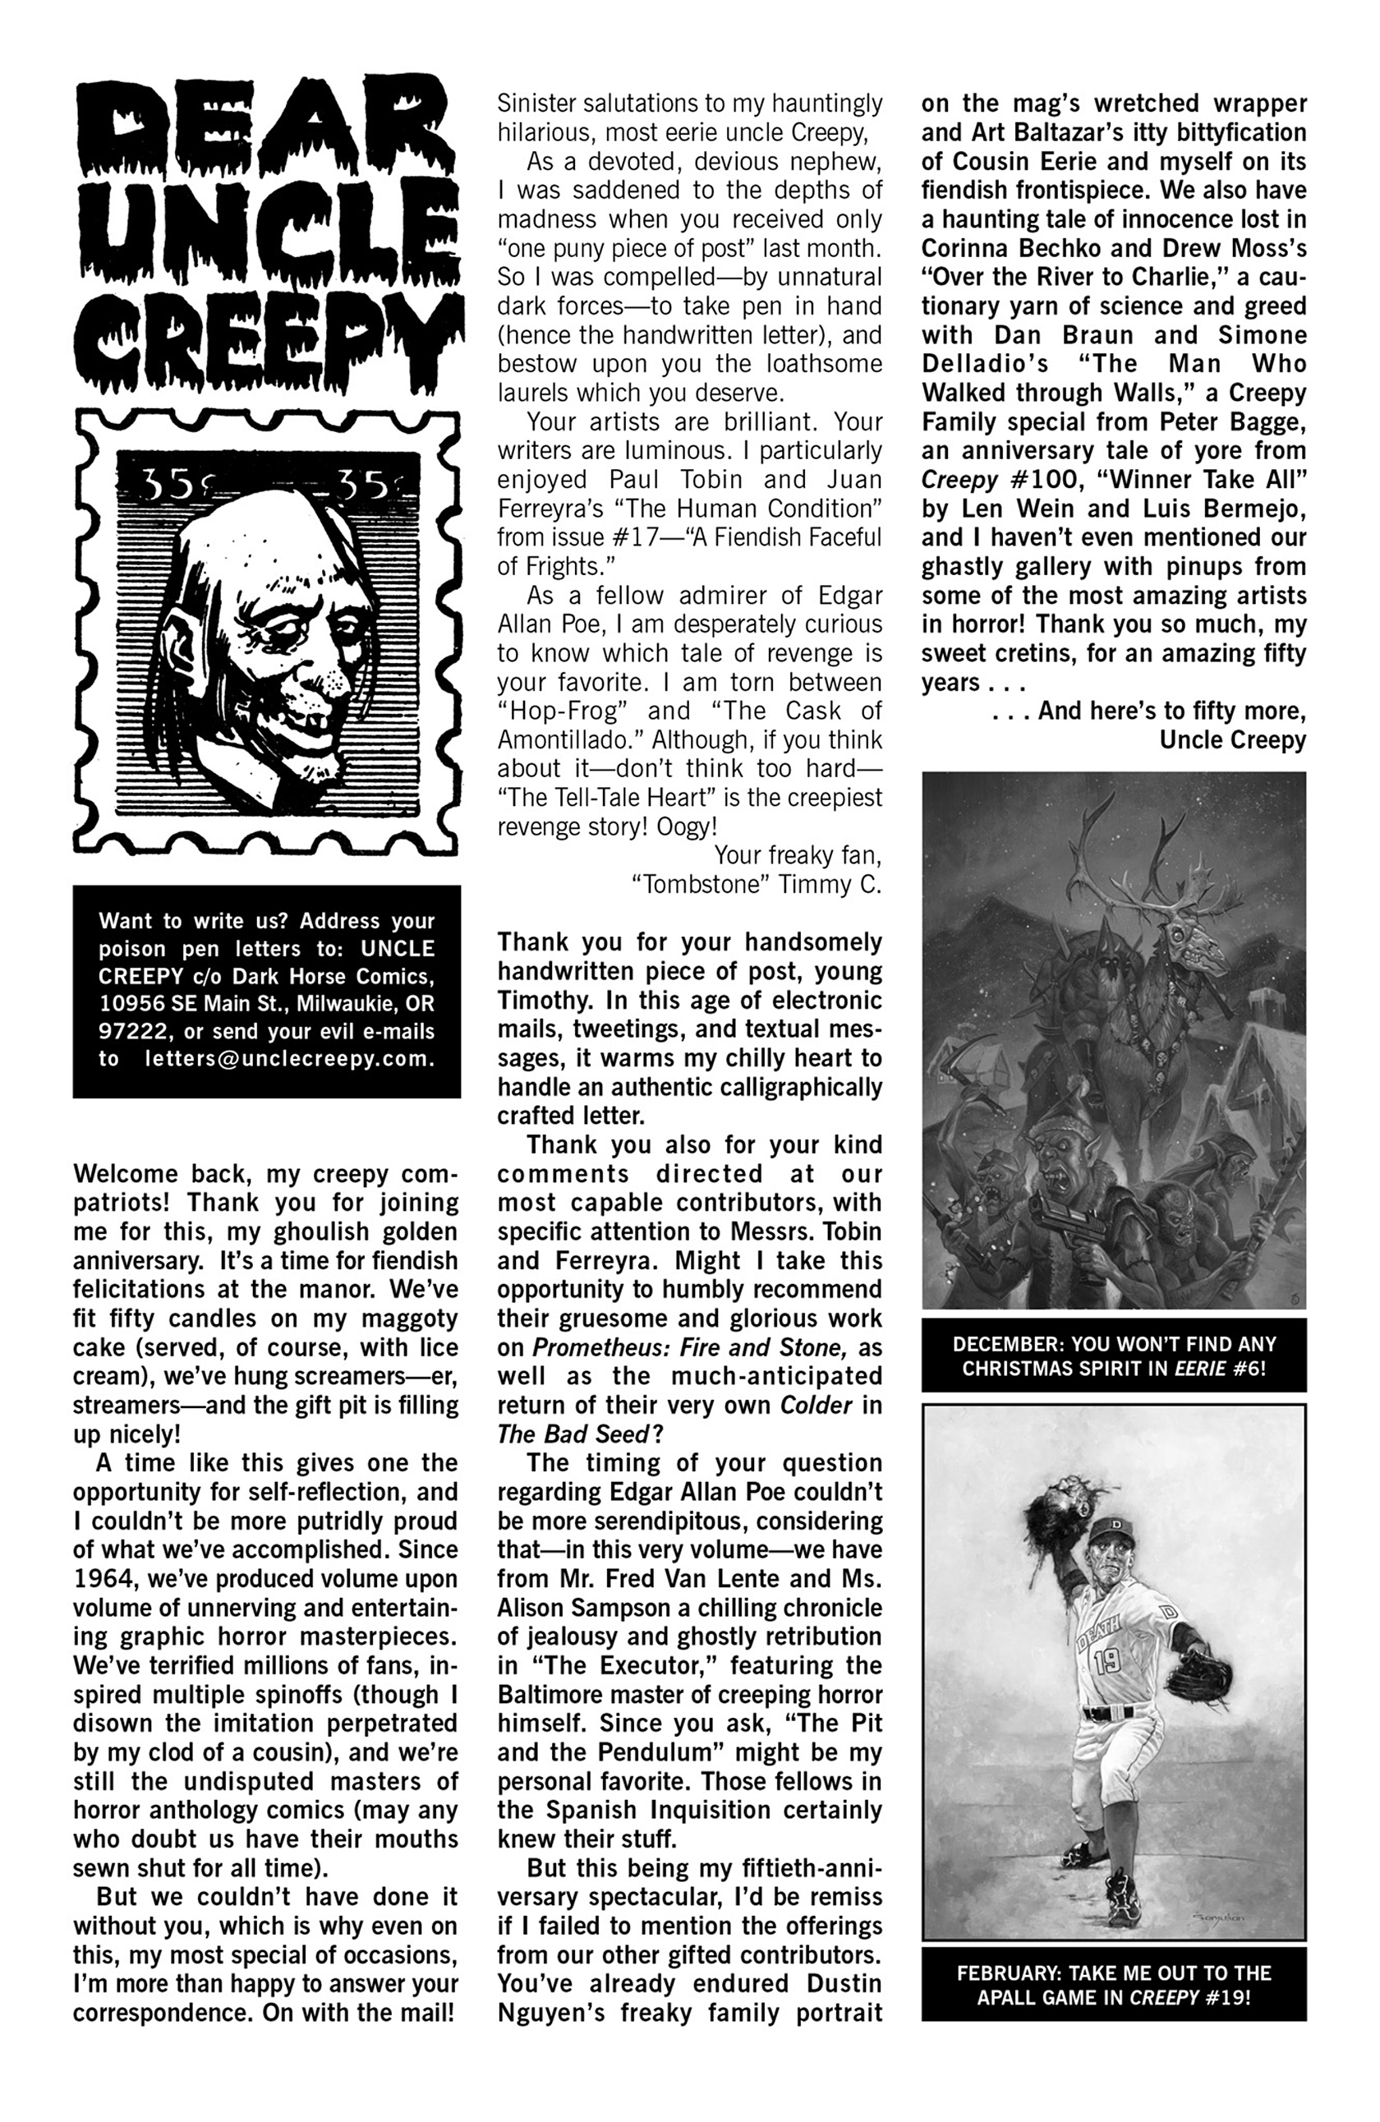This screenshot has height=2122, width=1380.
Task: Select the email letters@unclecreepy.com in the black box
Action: point(290,1059)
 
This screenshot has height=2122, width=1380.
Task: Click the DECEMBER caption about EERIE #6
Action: point(1114,1356)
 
